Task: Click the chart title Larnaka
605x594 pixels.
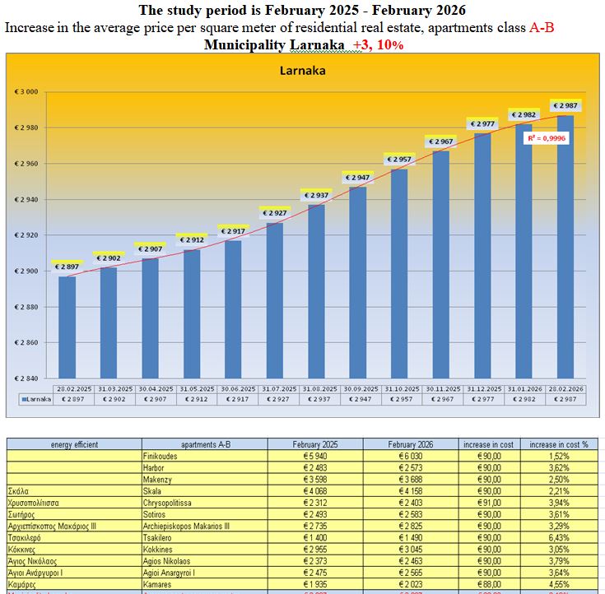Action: pyautogui.click(x=302, y=71)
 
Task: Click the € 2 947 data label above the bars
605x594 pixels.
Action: pyautogui.click(x=357, y=178)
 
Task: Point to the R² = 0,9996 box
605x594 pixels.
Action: pyautogui.click(x=547, y=138)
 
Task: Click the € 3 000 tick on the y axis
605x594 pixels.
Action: pyautogui.click(x=27, y=92)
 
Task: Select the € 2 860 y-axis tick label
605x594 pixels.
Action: pyautogui.click(x=27, y=342)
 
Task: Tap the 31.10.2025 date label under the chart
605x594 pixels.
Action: pyautogui.click(x=399, y=388)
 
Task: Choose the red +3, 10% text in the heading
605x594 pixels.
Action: pyautogui.click(x=378, y=44)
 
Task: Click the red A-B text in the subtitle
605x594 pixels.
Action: pyautogui.click(x=542, y=27)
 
